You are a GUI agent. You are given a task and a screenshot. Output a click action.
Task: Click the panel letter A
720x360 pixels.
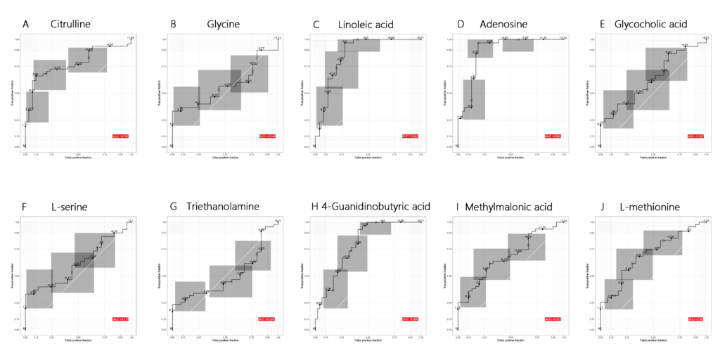coord(25,25)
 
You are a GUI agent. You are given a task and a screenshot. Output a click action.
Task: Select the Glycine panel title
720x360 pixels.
coord(224,25)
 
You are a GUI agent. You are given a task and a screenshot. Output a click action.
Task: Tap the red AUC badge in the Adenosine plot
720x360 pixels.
coord(553,136)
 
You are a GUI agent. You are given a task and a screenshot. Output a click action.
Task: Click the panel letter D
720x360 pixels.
coord(461,25)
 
